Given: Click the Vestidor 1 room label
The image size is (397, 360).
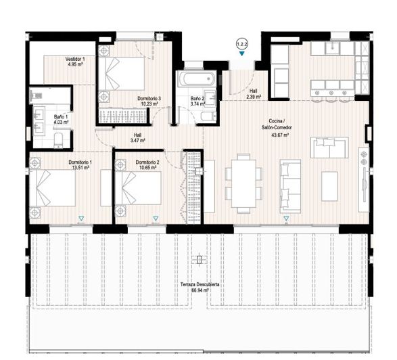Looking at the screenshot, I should point(75,60).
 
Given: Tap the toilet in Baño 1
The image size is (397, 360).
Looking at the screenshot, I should point(58,140).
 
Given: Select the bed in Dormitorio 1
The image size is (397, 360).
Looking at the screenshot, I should point(54,187).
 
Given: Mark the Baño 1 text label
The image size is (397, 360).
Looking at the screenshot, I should point(61,116).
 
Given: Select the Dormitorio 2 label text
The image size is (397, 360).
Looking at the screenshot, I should point(147,162).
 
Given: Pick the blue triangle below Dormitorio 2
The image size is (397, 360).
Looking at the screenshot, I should point(155,219).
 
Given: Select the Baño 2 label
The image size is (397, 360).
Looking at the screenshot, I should point(197,99).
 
